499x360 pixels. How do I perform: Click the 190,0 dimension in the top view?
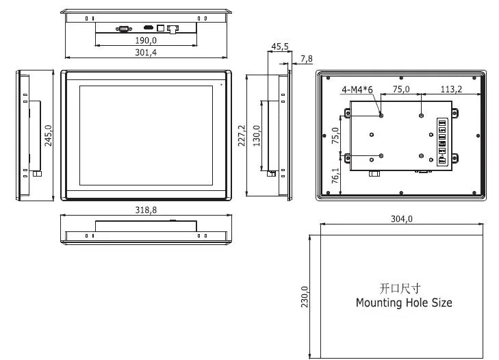[144, 41]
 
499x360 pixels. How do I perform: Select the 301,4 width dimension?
[144, 53]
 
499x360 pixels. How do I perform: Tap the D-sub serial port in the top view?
[124, 28]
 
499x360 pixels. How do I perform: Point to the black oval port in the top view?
[148, 28]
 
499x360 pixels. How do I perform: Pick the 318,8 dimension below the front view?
[145, 210]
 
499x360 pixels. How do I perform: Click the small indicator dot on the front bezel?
[222, 84]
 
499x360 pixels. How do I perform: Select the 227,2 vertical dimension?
[241, 136]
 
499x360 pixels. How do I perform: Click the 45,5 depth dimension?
[280, 47]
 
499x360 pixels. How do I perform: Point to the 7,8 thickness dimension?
[306, 59]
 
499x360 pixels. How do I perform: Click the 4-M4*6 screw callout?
[357, 89]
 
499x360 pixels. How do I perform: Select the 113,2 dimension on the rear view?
[451, 89]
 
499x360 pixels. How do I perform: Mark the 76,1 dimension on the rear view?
[335, 175]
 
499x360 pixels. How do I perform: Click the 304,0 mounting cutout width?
[401, 219]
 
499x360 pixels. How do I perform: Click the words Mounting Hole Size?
[404, 303]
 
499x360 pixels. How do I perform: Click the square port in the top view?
[161, 28]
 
